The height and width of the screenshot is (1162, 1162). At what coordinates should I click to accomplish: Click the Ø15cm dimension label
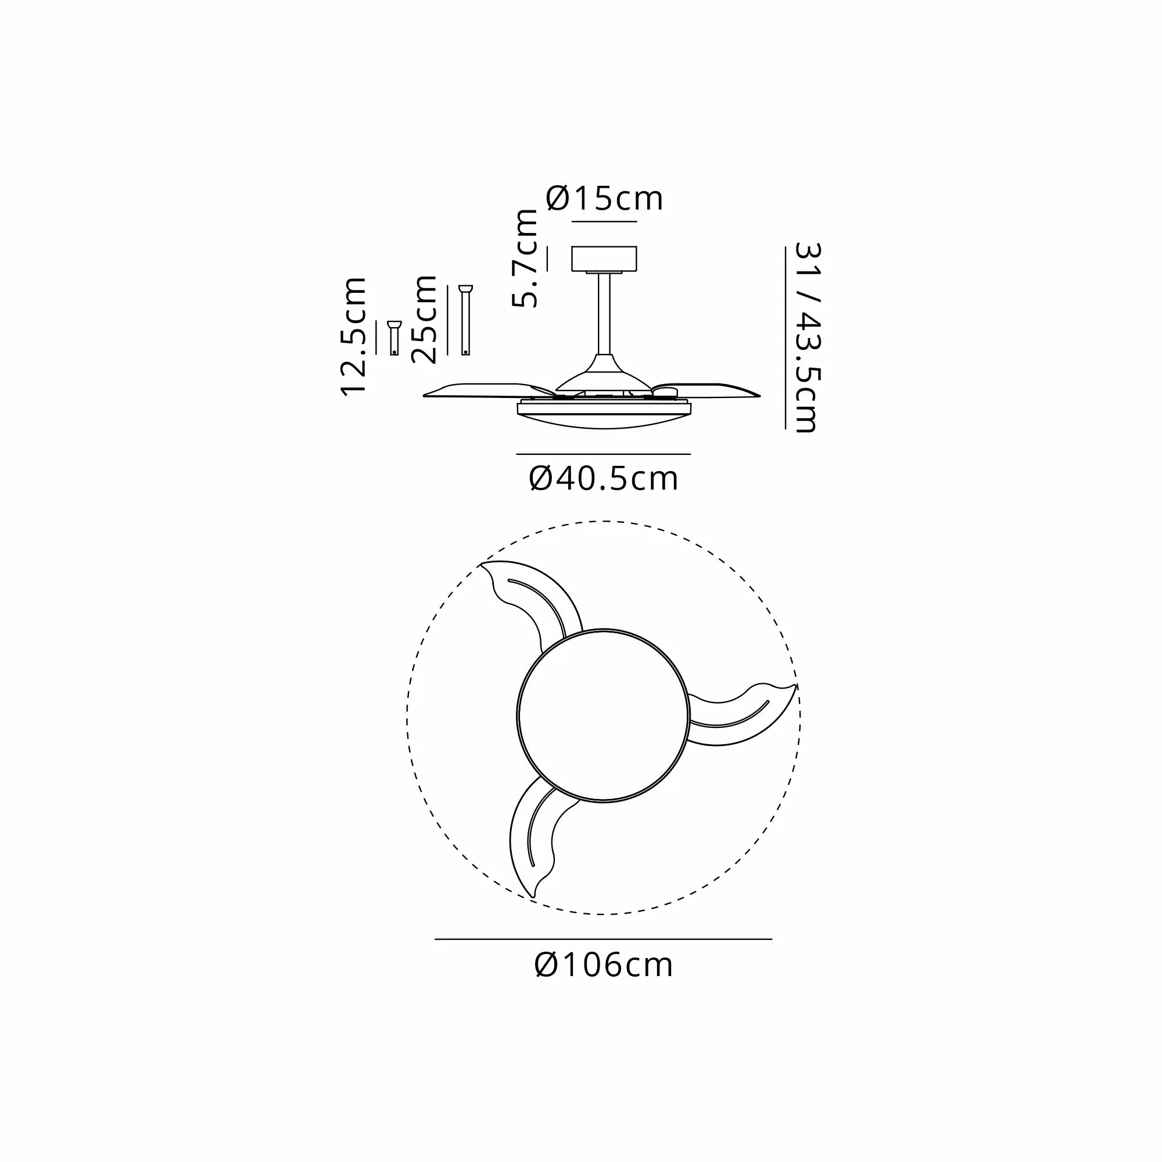(604, 199)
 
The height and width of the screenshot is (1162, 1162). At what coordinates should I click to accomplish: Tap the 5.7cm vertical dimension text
(525, 259)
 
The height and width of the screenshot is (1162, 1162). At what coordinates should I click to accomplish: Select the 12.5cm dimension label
(354, 336)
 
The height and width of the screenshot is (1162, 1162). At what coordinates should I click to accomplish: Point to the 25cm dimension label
(424, 319)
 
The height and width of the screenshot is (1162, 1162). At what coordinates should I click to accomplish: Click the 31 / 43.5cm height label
(807, 338)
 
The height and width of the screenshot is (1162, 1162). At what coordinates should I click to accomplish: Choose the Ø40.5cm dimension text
(604, 479)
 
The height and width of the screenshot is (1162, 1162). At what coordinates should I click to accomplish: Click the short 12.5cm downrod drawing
(394, 338)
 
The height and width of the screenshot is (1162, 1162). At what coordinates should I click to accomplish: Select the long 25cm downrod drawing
(465, 320)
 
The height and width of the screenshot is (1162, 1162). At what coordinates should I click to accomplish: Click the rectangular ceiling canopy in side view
(604, 259)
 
